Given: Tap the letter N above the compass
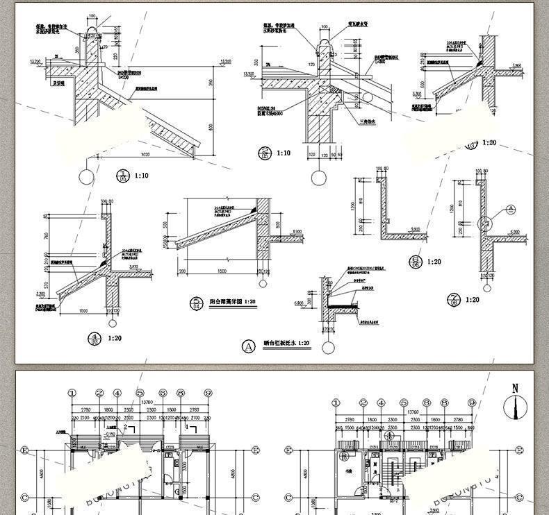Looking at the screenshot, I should tap(515, 389).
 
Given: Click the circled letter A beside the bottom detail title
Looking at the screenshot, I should tap(247, 344).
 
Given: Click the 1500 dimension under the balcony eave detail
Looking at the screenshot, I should tap(222, 271).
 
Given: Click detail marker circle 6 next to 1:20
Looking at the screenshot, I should tap(415, 261).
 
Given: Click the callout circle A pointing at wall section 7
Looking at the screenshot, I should tap(509, 208).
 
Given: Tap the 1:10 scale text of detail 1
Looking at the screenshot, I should tap(141, 176).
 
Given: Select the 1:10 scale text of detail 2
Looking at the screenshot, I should tap(283, 153).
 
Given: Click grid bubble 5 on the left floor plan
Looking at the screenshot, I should tap(140, 393).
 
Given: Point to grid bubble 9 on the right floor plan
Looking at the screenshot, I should tap(471, 403).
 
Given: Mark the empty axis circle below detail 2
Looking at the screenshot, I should tap(318, 178).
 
